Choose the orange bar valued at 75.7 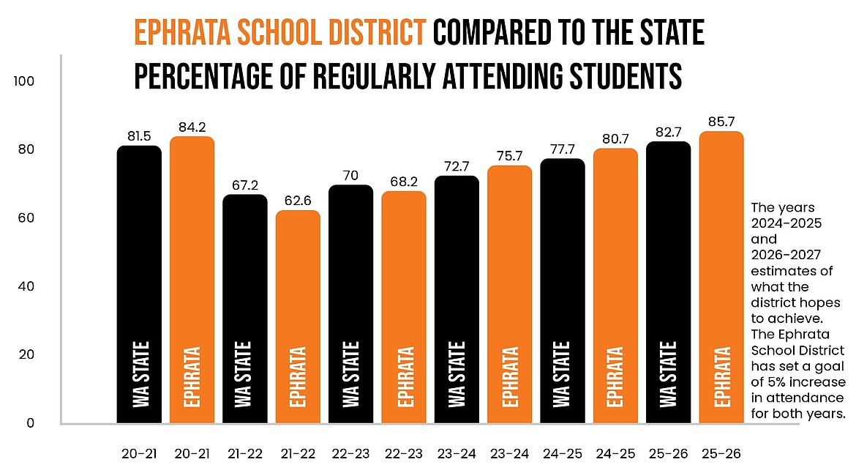click(x=509, y=294)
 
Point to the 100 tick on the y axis click(x=24, y=81)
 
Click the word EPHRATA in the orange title click(x=181, y=34)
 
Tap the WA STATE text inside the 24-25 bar click(x=562, y=373)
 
